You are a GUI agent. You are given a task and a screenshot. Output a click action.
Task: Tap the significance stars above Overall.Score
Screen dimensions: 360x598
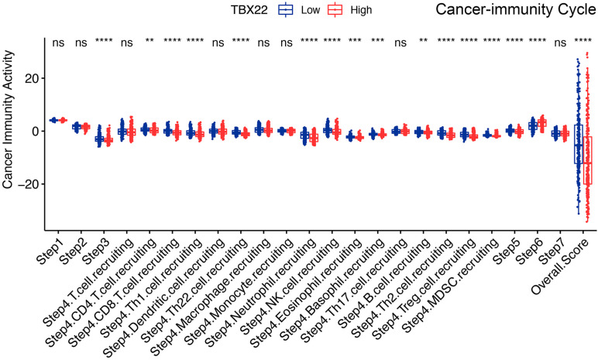coord(583,42)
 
